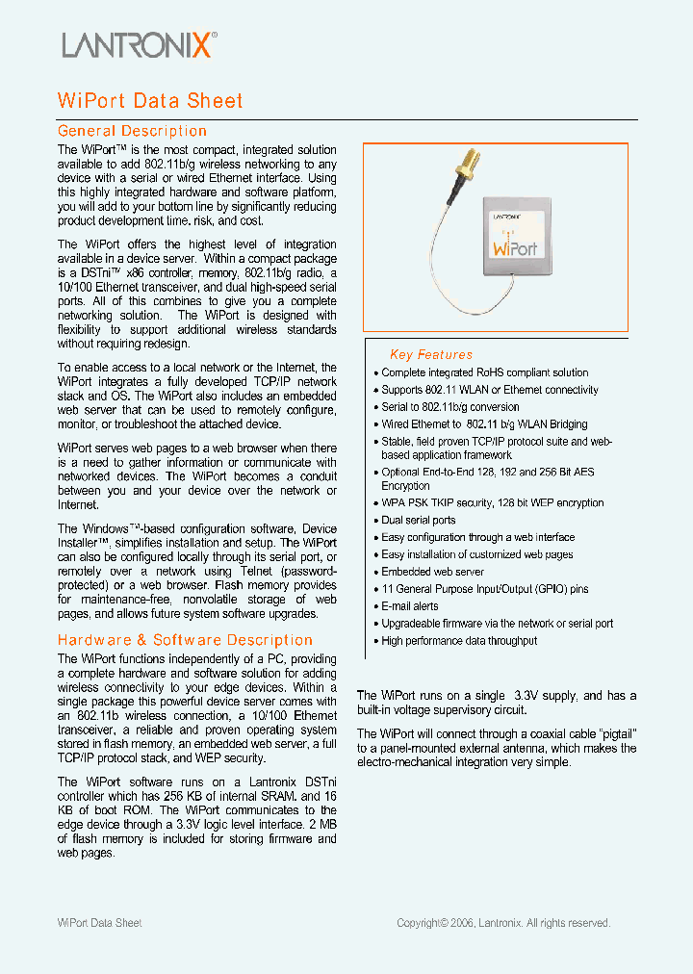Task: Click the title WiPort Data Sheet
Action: click(150, 101)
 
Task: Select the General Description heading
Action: click(132, 131)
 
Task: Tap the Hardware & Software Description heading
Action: click(185, 640)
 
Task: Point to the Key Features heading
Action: click(430, 354)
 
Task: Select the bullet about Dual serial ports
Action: click(418, 521)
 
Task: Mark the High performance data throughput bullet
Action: click(459, 641)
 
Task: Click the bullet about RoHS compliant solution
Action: click(484, 372)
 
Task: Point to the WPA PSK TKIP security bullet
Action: click(492, 503)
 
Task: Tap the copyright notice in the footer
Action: click(503, 923)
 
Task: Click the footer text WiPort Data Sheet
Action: click(100, 923)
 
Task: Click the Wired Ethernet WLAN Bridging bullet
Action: click(484, 424)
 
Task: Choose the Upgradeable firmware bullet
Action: click(497, 624)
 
